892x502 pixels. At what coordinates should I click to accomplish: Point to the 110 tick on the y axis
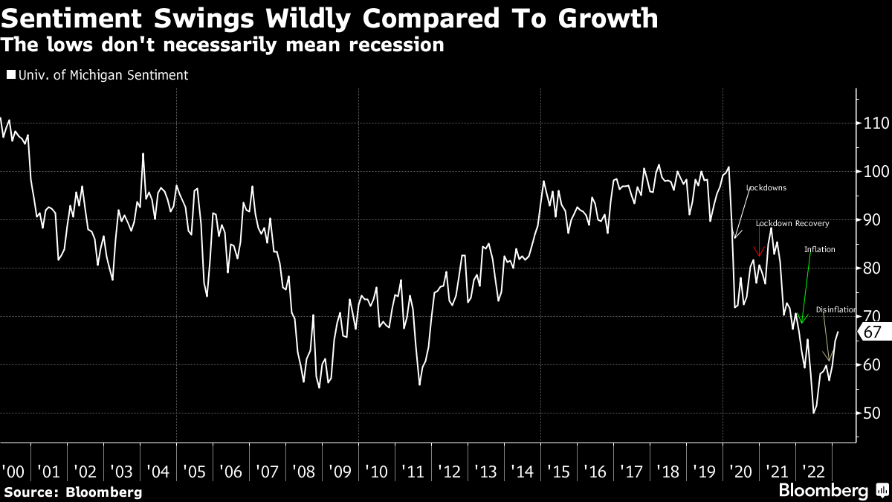[x=876, y=123]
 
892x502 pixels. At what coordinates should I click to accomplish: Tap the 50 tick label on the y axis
[x=873, y=413]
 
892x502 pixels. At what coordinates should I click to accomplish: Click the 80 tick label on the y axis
[x=873, y=268]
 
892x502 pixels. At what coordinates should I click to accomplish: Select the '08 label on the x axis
[x=303, y=472]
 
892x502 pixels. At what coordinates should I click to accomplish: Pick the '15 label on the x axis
[x=558, y=472]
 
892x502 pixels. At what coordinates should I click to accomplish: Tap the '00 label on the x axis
[x=13, y=472]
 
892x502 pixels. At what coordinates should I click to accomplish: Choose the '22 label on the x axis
[x=813, y=472]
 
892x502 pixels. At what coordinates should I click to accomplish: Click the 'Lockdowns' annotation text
[x=766, y=188]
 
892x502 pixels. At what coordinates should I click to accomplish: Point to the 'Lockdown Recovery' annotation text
[x=792, y=223]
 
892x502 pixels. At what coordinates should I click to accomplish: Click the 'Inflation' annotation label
[x=819, y=250]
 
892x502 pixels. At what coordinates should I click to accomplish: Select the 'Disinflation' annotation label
[x=836, y=309]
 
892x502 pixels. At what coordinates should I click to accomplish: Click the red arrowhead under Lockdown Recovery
[x=759, y=254]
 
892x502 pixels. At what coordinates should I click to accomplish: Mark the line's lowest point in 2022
[x=814, y=413]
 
